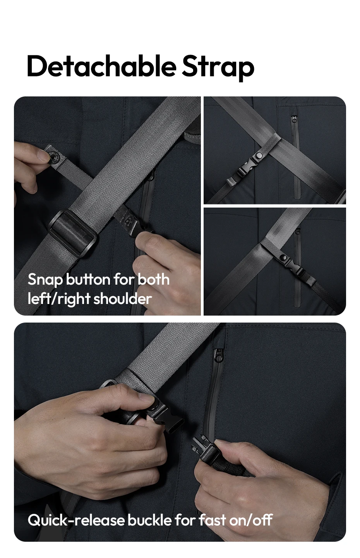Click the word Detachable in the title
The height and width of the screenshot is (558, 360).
pyautogui.click(x=101, y=66)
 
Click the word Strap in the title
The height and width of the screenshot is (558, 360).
pyautogui.click(x=218, y=68)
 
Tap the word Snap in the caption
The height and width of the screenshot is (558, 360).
pyautogui.click(x=45, y=280)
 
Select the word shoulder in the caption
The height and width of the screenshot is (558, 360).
pyautogui.click(x=122, y=298)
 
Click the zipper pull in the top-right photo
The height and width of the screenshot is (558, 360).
pyautogui.click(x=295, y=118)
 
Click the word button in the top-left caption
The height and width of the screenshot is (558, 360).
pyautogui.click(x=88, y=280)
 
